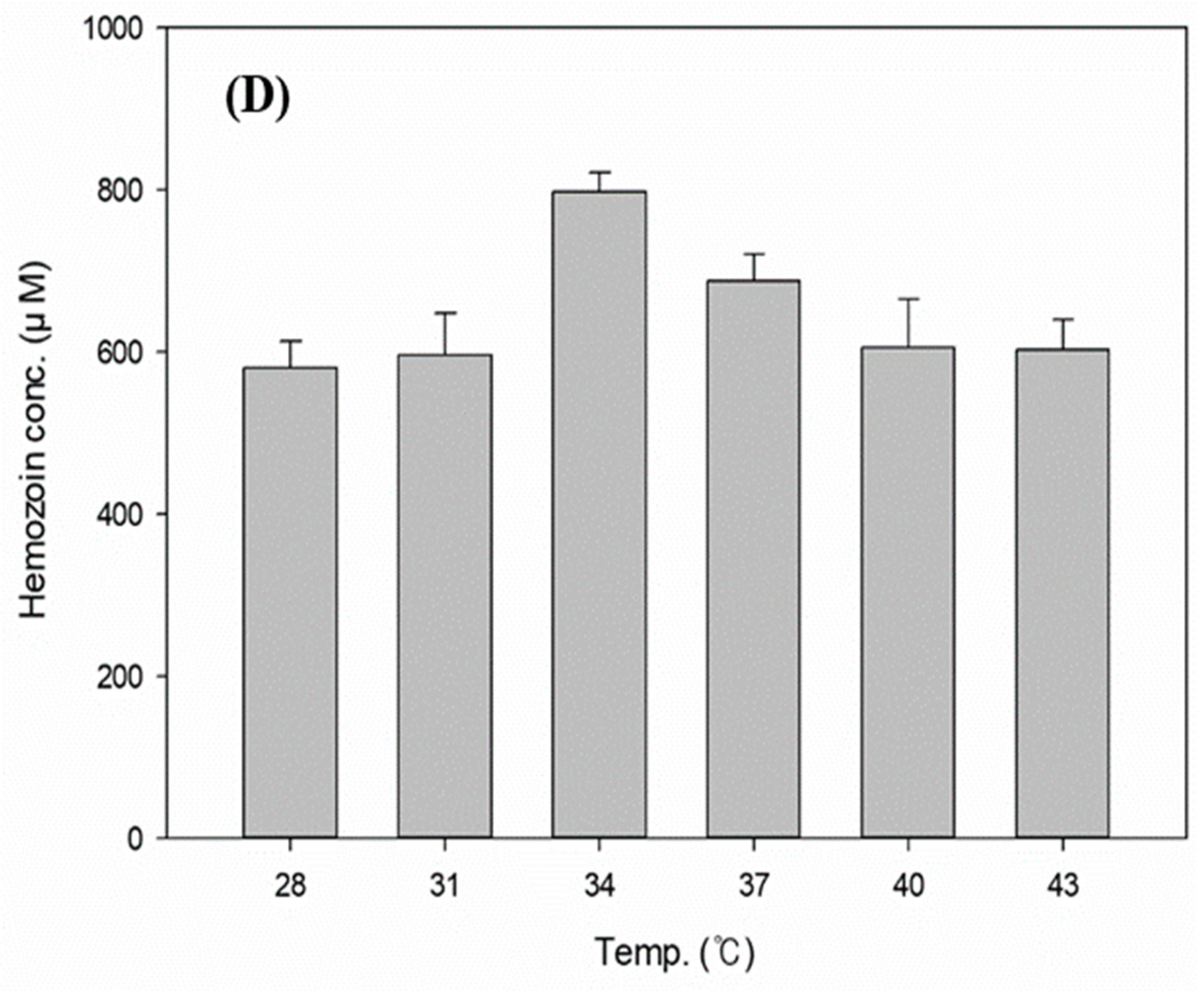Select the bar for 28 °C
(x=290, y=602)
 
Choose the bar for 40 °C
(x=908, y=592)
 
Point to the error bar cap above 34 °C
(x=599, y=172)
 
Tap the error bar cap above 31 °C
(x=445, y=312)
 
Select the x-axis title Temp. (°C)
(x=675, y=952)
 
